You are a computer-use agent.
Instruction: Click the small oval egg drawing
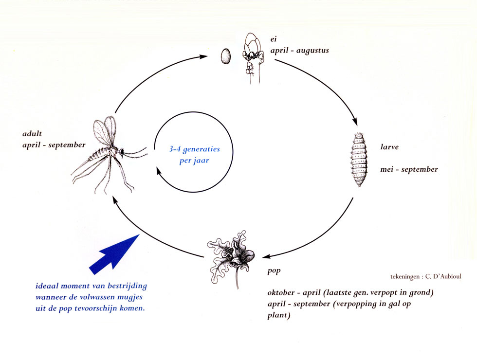click(225, 56)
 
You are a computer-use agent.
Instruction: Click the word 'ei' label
click(274, 39)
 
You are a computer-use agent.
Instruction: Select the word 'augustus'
click(312, 51)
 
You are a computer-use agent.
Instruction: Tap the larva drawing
click(359, 159)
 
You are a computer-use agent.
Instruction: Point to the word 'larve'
click(389, 147)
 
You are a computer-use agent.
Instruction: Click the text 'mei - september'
click(409, 169)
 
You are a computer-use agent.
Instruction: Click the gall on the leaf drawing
click(242, 253)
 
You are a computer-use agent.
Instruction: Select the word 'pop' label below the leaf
click(274, 270)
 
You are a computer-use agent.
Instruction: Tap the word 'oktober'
click(281, 292)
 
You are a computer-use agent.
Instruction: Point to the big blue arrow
click(114, 254)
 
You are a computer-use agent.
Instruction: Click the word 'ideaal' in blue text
click(47, 286)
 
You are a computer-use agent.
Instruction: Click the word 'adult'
click(32, 134)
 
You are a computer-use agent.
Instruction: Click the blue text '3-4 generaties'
click(194, 149)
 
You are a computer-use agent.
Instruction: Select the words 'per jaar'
click(194, 160)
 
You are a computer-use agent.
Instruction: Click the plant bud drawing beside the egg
click(253, 58)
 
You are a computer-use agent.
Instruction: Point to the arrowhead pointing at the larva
click(355, 122)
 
